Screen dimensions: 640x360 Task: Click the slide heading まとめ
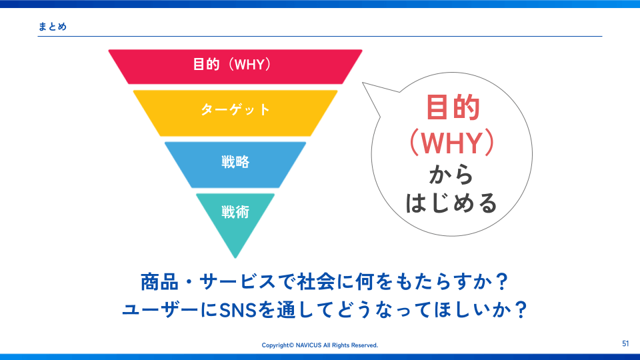click(52, 27)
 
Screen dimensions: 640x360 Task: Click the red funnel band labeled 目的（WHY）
click(235, 67)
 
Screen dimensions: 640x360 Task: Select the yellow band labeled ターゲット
click(235, 113)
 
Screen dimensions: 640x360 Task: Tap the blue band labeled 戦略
click(235, 165)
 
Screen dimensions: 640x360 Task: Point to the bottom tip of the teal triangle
click(235, 258)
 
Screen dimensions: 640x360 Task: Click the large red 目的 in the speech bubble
click(452, 107)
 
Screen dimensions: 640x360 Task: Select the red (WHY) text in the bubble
click(452, 143)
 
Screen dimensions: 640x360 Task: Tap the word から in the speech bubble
click(451, 175)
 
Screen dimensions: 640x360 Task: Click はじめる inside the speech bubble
click(451, 203)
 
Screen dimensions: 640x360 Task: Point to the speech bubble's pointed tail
click(363, 83)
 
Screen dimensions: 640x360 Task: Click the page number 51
click(625, 344)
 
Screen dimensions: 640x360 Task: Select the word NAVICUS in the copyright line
click(308, 345)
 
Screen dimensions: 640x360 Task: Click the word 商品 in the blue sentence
click(159, 281)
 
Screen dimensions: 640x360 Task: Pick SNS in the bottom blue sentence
click(238, 310)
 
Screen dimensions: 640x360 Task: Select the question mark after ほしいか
click(521, 310)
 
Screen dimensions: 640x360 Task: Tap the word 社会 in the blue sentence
click(316, 281)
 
